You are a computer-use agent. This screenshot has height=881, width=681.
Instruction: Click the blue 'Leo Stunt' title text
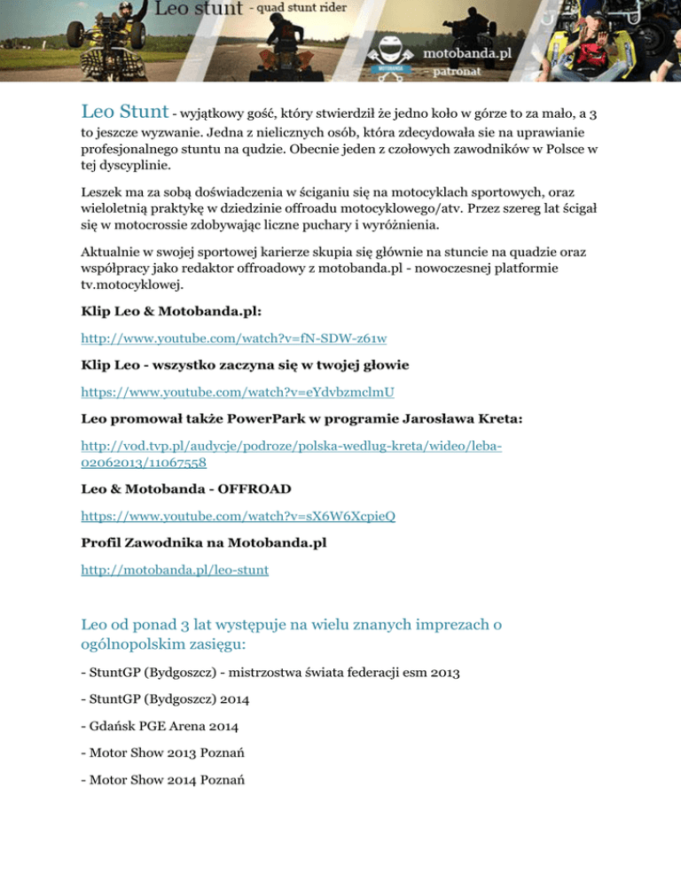(124, 113)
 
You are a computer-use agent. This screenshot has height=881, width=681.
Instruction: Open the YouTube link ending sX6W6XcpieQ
(238, 514)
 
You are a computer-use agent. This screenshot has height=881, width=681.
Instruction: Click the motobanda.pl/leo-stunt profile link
(175, 572)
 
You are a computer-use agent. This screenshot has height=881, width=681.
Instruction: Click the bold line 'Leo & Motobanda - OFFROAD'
(186, 488)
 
